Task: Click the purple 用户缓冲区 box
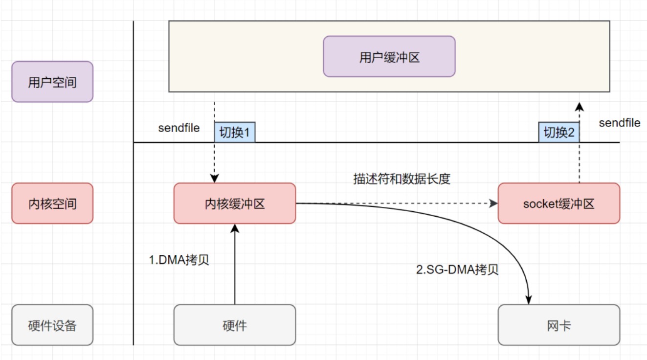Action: pos(389,56)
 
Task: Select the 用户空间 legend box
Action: pos(52,82)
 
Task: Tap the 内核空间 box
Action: pos(52,203)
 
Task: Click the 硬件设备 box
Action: pos(52,325)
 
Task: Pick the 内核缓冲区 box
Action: pos(235,203)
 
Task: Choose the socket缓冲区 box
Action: pos(559,203)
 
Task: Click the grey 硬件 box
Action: pos(235,325)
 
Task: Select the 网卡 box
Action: pos(559,325)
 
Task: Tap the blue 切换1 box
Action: pos(235,133)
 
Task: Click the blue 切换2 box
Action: pos(559,133)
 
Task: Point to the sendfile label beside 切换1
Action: pos(179,128)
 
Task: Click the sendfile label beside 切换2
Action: pos(620,123)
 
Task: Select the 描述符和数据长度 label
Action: pos(402,179)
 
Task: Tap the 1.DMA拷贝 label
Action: pos(179,260)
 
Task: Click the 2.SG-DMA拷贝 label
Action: pos(457,270)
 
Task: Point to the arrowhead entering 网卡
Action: pos(529,300)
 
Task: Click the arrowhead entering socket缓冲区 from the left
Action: pos(493,203)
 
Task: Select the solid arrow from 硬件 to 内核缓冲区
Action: pos(235,264)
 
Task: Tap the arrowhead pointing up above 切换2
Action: pos(579,107)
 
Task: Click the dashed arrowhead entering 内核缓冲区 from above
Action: pos(214,178)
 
